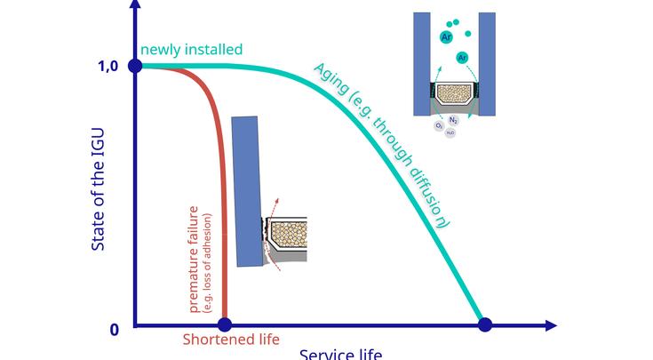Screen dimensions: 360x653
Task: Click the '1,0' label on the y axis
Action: pyautogui.click(x=108, y=66)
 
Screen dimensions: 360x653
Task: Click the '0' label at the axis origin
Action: pyautogui.click(x=114, y=330)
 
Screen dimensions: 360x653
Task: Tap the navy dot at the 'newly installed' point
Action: pyautogui.click(x=135, y=66)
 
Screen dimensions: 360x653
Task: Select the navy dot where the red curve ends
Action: pyautogui.click(x=225, y=325)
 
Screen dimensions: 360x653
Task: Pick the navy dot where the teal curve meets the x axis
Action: pyautogui.click(x=485, y=325)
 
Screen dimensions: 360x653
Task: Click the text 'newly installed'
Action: pyautogui.click(x=191, y=50)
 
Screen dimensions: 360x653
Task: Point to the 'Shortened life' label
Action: pyautogui.click(x=231, y=340)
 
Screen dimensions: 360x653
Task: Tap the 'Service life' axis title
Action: pyautogui.click(x=340, y=355)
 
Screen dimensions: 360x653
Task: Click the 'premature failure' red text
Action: pyautogui.click(x=194, y=258)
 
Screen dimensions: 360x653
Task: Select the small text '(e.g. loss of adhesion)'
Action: pyautogui.click(x=208, y=262)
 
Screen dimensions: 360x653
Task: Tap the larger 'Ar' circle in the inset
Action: pyautogui.click(x=447, y=37)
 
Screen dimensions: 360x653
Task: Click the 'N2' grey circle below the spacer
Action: pyautogui.click(x=453, y=120)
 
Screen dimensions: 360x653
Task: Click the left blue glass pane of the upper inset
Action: pyautogui.click(x=422, y=62)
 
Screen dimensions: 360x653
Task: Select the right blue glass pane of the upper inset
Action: pyautogui.click(x=487, y=62)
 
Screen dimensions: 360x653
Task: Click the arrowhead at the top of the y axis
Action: pyautogui.click(x=135, y=4)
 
